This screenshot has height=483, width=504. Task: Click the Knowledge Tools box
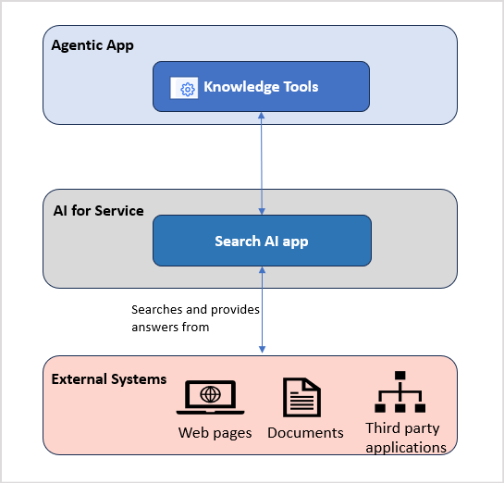262,86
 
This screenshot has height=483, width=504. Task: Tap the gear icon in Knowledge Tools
187,88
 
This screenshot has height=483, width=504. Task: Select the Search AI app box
262,241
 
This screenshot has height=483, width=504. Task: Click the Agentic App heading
92,45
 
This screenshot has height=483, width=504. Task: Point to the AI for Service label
98,210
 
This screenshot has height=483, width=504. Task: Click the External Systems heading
109,378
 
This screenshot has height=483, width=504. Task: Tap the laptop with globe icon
211,397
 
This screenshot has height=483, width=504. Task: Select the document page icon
301,398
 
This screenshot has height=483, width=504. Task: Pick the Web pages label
215,432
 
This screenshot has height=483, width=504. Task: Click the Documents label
305,432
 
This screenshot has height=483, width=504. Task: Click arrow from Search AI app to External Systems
263,310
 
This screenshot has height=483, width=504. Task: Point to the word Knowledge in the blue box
240,87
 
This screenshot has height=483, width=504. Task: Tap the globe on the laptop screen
211,394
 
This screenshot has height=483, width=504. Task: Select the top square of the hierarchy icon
400,376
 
